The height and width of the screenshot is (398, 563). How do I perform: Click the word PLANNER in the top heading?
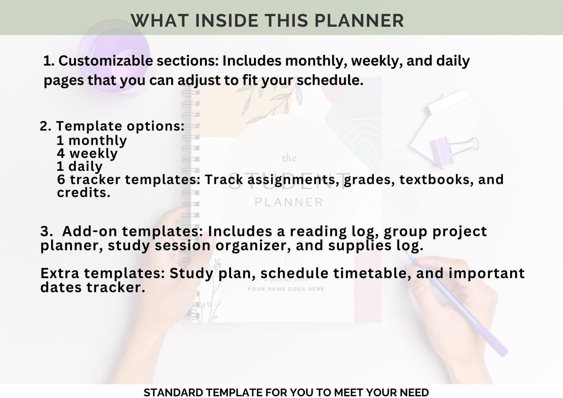359,21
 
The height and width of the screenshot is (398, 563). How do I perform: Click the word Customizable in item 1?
105,61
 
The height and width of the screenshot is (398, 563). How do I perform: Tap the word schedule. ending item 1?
330,80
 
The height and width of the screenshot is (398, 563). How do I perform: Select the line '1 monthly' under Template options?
91,140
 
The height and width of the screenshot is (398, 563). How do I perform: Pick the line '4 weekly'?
87,153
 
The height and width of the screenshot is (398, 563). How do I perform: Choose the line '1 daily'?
80,166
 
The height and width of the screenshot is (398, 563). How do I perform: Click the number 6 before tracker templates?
61,180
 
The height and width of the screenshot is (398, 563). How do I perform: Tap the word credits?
84,192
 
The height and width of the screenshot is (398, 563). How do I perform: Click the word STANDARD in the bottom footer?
173,393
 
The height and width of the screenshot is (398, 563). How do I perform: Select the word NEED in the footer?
414,393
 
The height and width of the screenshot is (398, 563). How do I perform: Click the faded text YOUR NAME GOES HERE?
286,289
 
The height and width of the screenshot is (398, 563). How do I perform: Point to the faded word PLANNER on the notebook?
289,202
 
